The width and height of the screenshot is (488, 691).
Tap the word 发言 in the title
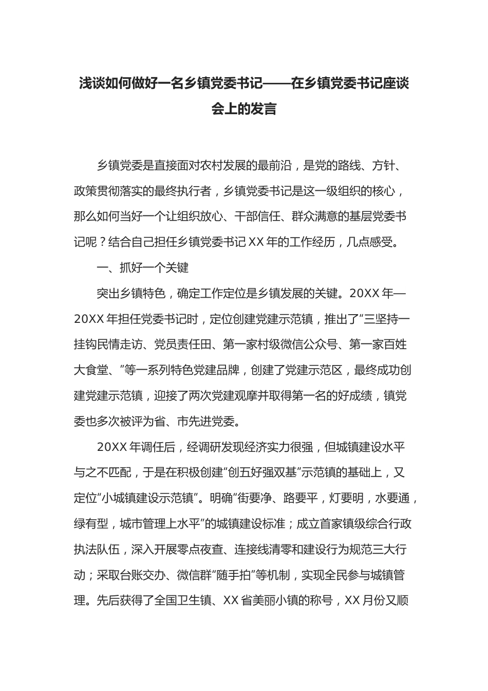(x=264, y=109)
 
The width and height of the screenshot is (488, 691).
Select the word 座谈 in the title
(x=396, y=83)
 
